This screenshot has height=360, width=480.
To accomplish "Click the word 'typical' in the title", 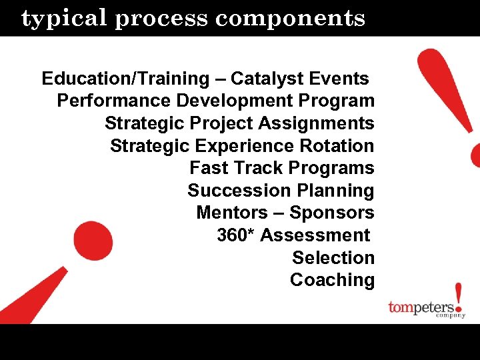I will point(65,19).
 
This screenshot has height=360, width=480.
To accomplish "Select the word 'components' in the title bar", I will point(290,19).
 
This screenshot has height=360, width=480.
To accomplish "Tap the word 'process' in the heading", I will point(163,19).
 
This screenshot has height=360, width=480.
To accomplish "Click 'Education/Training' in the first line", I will point(125,79).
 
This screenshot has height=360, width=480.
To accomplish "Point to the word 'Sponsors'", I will point(331,213).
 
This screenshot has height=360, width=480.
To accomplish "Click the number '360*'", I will point(236,235).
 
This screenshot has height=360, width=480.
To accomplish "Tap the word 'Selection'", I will point(333,258).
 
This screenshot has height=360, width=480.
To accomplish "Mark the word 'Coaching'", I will point(332,280).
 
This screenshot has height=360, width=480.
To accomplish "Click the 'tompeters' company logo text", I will point(421,308).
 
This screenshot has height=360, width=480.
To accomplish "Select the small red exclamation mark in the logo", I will point(458,299).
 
